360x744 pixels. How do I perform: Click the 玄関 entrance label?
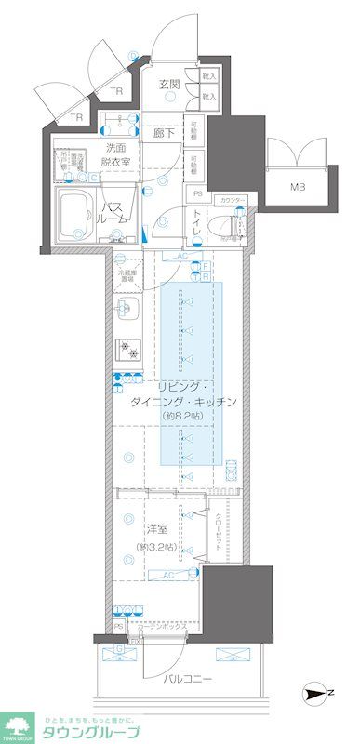click(168, 85)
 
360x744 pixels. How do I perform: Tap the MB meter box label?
click(297, 187)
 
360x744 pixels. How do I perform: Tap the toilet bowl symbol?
click(220, 223)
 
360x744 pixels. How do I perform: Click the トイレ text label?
click(198, 222)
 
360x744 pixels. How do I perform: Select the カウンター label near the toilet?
click(233, 200)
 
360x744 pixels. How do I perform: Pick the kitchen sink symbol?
click(127, 311)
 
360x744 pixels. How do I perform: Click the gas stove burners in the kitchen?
click(127, 349)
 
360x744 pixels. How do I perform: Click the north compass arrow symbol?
click(316, 694)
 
